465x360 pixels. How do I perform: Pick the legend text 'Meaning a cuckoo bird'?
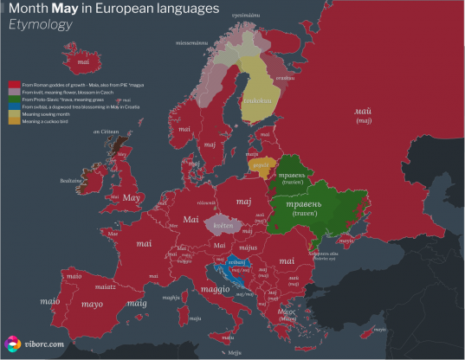pos(44,121)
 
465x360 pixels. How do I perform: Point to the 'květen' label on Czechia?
pos(224,224)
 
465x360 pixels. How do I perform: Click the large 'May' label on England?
pos(132,198)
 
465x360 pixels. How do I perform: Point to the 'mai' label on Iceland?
pos(83,62)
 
